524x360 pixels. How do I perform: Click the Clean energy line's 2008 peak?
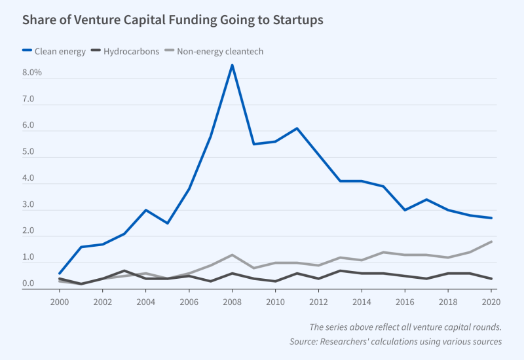[x=232, y=65]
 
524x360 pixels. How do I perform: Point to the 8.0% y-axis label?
[x=32, y=73]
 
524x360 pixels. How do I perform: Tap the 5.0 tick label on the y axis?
[x=29, y=152]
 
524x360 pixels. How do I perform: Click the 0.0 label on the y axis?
[x=29, y=283]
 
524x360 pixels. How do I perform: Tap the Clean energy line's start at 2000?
[x=60, y=274]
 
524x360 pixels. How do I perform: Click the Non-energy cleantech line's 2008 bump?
[x=232, y=255]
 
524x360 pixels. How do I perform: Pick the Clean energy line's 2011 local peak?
[x=297, y=128]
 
